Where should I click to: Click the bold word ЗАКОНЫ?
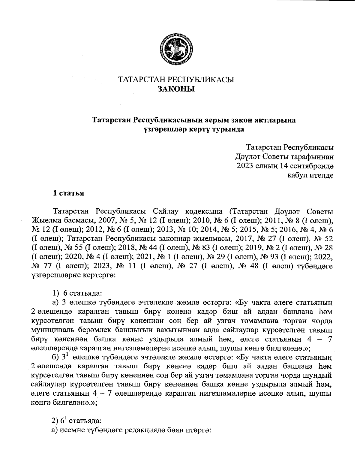pos(176,89)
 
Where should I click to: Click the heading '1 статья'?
pos(68,193)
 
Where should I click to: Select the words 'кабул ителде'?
pos(310,175)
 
